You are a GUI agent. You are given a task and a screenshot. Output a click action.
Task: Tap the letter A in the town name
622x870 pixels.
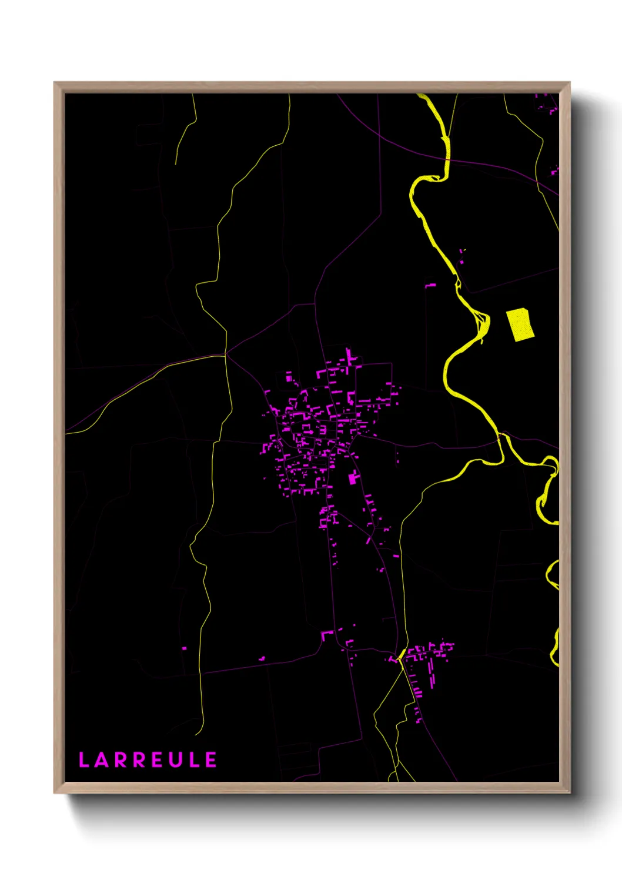tap(102, 760)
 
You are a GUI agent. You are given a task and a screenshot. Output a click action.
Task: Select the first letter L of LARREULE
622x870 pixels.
tap(83, 760)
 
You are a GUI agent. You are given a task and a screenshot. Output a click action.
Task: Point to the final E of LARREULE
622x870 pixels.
tap(211, 760)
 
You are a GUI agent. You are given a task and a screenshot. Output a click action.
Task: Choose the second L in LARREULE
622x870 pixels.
tap(193, 760)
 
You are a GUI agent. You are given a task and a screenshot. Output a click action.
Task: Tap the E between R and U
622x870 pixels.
tap(157, 760)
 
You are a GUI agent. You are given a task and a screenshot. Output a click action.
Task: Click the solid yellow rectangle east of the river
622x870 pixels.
tap(520, 324)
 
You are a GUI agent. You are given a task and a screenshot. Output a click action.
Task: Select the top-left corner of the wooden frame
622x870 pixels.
tap(55, 83)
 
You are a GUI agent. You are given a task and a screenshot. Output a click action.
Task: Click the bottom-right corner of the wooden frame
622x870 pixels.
tap(569, 792)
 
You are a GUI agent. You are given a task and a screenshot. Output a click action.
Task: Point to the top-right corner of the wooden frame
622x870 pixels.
tap(569, 83)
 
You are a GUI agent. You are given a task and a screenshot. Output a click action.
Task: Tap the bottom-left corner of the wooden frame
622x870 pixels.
tap(55, 792)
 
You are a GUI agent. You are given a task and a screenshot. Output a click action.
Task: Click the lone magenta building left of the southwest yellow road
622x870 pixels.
tap(184, 648)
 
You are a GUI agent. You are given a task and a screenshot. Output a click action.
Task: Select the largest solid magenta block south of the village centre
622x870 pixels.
tap(353, 478)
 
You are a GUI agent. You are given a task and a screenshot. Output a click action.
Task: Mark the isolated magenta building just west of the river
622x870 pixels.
tap(431, 286)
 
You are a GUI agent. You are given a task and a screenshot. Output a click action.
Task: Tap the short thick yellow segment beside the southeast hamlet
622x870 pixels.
tap(402, 654)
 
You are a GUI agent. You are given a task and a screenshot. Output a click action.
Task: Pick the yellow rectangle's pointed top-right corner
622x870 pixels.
tap(527, 309)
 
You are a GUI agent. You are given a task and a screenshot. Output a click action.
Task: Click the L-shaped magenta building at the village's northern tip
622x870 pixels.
tap(350, 356)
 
